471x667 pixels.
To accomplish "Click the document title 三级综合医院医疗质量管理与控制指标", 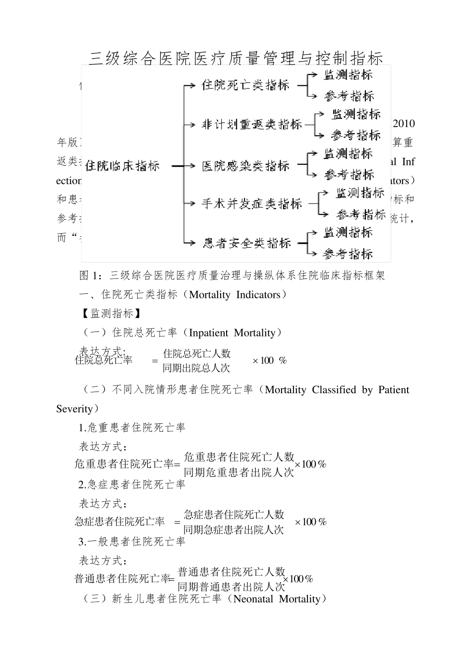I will pos(236,58).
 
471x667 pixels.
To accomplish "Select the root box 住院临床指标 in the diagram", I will pos(122,166).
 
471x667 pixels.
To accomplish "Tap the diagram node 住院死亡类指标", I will pos(245,85).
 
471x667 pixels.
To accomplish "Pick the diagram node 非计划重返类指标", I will pos(251,125).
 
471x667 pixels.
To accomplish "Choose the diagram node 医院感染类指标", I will pos(245,166).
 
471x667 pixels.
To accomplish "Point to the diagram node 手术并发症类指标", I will pos(251,203).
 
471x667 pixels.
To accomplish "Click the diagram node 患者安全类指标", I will pos(246,243).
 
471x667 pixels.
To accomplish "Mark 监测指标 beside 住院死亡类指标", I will pos(348,75).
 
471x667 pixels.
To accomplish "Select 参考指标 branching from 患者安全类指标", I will pos(348,254).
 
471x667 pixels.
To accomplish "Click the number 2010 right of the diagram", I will pos(404,124).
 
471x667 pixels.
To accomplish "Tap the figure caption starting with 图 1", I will pos(232,275).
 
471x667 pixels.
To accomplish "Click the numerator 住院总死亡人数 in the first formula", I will pos(197,353).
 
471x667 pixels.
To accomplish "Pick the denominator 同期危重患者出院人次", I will pos(239,472).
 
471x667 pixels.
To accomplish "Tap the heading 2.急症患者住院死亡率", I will pos(132,484).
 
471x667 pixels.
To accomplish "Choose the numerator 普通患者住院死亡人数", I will pos(232,571).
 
